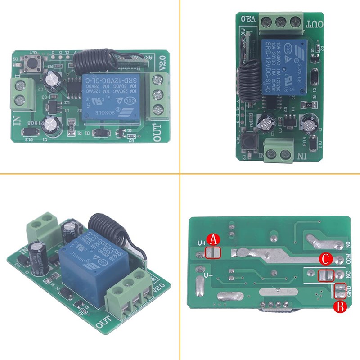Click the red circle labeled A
click(213, 240)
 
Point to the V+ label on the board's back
click(201, 243)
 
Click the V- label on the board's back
click(208, 275)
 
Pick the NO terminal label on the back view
click(348, 245)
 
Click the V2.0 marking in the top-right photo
click(249, 18)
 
